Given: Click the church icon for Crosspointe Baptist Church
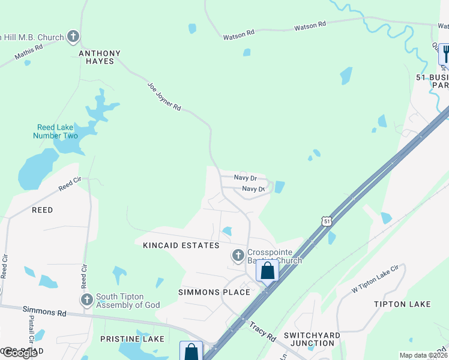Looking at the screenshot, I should click(238, 256).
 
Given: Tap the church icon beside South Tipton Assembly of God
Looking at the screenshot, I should click(86, 299).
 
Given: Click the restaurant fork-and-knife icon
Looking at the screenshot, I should click(445, 53).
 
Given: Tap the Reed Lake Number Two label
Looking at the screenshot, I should click(58, 131).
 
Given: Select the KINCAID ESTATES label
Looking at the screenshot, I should click(181, 246).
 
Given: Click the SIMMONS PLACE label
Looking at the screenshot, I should click(214, 292).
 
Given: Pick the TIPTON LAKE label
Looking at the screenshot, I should click(402, 304).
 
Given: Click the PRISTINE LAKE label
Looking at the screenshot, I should click(132, 339).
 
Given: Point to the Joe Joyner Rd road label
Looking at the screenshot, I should click(164, 97).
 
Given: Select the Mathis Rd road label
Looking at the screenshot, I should click(29, 52).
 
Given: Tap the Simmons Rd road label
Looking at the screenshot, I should click(45, 311).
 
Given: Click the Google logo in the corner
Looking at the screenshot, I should click(19, 353).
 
